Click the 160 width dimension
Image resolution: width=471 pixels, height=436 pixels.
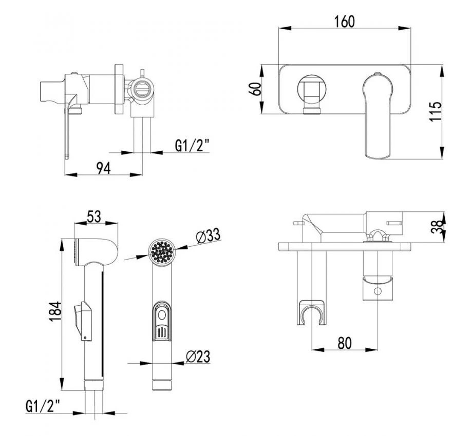345,22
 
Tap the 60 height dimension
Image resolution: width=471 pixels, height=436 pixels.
256,89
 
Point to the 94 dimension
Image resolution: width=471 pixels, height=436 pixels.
103,168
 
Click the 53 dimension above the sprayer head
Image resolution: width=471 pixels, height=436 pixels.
94,216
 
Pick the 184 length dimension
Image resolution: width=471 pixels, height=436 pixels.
55,311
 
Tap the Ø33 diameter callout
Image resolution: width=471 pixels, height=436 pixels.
208,236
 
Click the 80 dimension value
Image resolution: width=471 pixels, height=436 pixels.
345,343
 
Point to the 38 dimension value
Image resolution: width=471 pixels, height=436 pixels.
437,226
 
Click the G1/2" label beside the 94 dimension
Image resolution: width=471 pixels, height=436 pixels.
192,146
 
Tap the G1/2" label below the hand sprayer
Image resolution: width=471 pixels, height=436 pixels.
43,406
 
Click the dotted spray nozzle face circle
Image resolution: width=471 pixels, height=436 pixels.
162,251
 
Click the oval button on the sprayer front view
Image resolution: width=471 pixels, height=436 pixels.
162,315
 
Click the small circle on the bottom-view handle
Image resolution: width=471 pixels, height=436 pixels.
378,291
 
